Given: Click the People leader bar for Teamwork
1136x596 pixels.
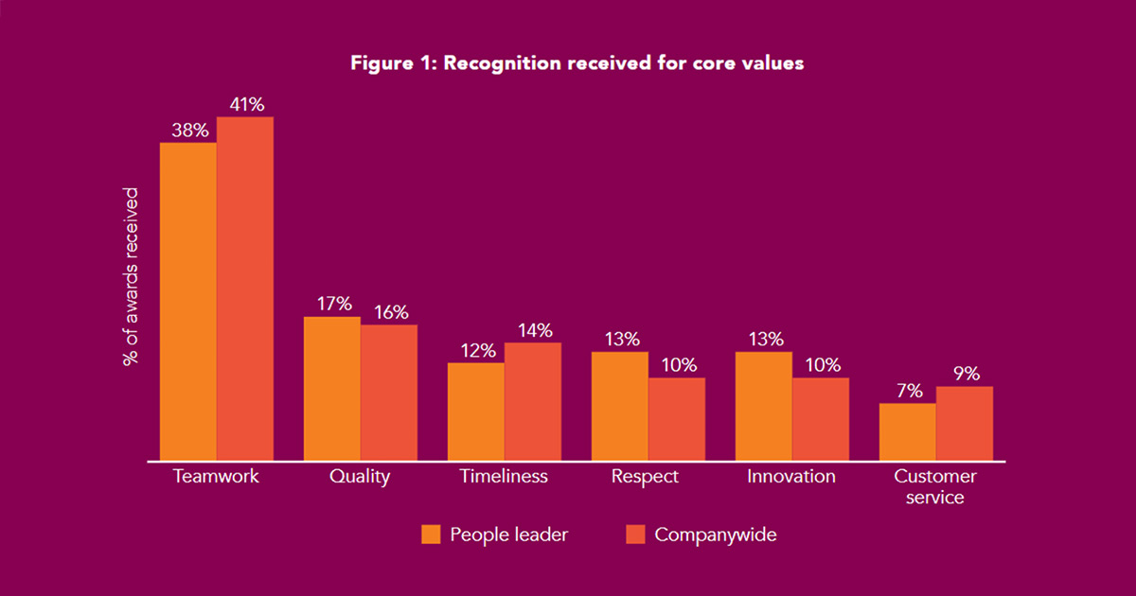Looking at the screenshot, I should point(188,302).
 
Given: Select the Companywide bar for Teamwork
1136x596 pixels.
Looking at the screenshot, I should point(245,289).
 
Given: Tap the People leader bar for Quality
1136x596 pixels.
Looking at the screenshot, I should point(331,389).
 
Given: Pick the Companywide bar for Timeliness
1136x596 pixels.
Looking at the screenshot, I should point(533,402).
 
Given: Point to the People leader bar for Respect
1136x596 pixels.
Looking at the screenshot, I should point(619,406).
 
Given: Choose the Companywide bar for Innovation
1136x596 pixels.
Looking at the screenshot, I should point(821,419).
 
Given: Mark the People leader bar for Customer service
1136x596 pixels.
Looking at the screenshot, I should point(907,432).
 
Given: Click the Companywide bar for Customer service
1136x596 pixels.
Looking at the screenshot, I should point(965,424).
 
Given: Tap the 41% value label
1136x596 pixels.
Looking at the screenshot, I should point(245,102).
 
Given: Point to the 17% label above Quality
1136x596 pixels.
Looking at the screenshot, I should point(334,304).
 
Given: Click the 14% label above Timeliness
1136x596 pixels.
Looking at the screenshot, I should point(533,330).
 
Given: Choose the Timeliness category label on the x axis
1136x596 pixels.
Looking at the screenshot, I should point(504,477).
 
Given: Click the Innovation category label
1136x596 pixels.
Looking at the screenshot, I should point(791,477).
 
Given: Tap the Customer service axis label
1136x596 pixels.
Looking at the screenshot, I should point(935,486).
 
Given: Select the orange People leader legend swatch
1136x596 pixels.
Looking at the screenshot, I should point(432,535).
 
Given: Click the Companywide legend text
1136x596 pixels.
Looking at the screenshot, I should point(716,535).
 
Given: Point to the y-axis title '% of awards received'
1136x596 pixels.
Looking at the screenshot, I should point(131,276).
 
